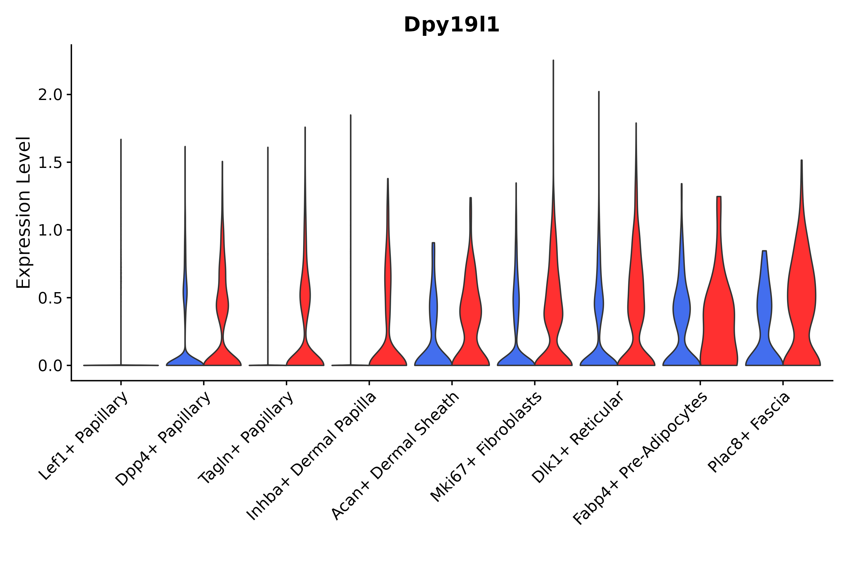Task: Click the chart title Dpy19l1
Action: tap(451, 25)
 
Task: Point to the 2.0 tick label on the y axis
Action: tap(50, 95)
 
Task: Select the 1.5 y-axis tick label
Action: tap(50, 163)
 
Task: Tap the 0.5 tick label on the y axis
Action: tap(50, 298)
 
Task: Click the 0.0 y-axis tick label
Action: tap(50, 366)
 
